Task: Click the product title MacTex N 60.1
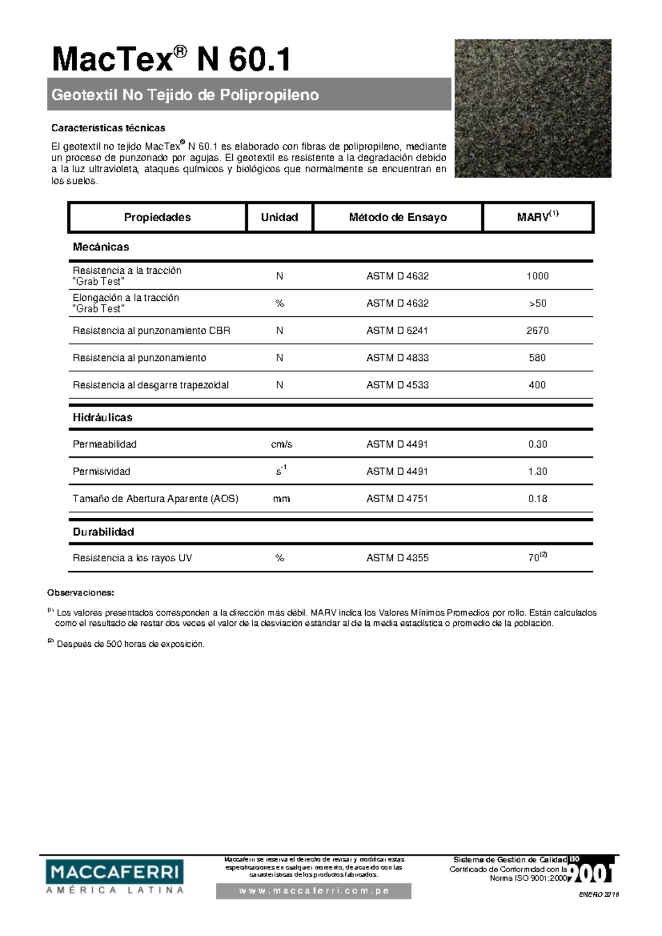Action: pyautogui.click(x=171, y=60)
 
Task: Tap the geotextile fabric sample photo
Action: pyautogui.click(x=532, y=108)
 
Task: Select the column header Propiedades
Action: pyautogui.click(x=157, y=217)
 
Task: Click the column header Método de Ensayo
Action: pyautogui.click(x=397, y=217)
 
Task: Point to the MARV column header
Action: pyautogui.click(x=537, y=217)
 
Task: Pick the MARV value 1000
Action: pyautogui.click(x=537, y=276)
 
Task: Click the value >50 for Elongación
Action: pyautogui.click(x=537, y=304)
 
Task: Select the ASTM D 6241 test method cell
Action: pyautogui.click(x=397, y=331)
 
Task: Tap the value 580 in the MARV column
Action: pyautogui.click(x=537, y=358)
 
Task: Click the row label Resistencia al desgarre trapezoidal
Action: pyautogui.click(x=151, y=385)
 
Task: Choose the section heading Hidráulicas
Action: pyautogui.click(x=103, y=418)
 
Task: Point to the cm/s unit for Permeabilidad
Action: pyautogui.click(x=281, y=444)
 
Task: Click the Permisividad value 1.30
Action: pyautogui.click(x=537, y=471)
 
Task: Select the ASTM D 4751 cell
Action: pyautogui.click(x=397, y=499)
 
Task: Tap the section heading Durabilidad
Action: pyautogui.click(x=103, y=532)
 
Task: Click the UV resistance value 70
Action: pyautogui.click(x=534, y=558)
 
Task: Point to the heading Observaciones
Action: pyautogui.click(x=81, y=593)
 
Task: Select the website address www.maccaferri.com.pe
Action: pyautogui.click(x=313, y=891)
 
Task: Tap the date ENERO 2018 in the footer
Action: pyautogui.click(x=599, y=895)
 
